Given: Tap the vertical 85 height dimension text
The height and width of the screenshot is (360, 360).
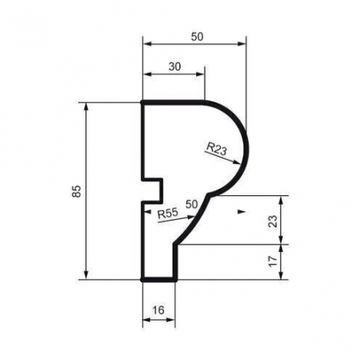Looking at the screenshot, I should (74, 192).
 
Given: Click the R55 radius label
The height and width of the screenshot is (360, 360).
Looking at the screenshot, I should (167, 213).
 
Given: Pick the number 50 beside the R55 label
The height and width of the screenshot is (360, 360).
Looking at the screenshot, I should (191, 205).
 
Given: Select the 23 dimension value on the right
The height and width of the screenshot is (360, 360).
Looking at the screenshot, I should (272, 219).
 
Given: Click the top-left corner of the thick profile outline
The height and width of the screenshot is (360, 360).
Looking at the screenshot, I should (143, 102).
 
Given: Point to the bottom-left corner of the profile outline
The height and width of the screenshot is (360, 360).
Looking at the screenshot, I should (143, 280).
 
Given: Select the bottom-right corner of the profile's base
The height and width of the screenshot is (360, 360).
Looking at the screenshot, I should (174, 280).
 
